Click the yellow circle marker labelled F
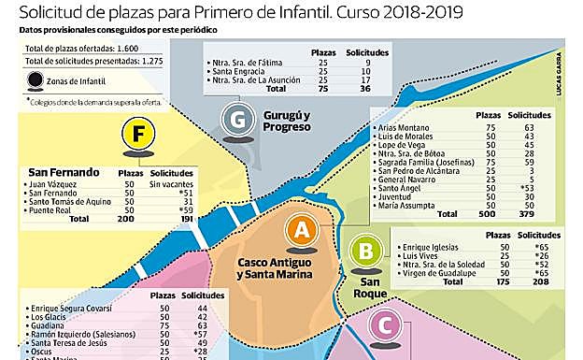137,137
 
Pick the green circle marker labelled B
365,250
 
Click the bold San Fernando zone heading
64,172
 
